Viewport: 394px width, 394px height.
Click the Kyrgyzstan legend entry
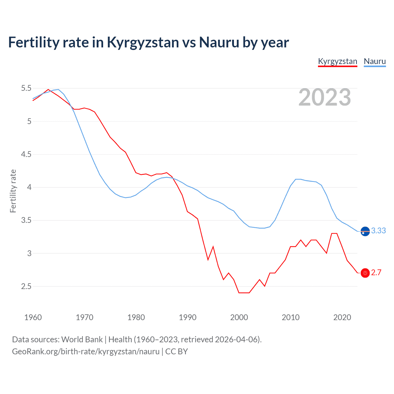click(x=337, y=61)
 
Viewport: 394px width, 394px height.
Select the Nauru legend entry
click(x=375, y=61)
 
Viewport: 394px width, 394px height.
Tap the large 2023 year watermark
click(x=324, y=97)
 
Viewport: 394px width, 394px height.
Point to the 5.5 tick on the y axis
click(x=26, y=88)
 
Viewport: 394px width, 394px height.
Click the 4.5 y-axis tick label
click(x=26, y=154)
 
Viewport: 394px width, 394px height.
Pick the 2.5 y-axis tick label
click(x=26, y=286)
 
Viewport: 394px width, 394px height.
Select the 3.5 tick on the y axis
click(x=26, y=220)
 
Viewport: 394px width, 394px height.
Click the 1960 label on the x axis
click(x=33, y=317)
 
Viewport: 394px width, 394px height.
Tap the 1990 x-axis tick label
click(x=187, y=317)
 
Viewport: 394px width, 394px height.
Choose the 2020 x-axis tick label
click(x=342, y=317)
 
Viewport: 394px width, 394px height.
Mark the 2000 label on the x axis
click(x=239, y=317)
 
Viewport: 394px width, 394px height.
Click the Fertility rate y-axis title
click(x=13, y=191)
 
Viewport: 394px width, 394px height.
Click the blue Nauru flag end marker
click(x=365, y=231)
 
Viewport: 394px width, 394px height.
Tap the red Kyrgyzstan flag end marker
click(x=365, y=273)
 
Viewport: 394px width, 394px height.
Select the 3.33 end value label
click(x=378, y=231)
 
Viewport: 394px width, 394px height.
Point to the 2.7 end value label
click(x=376, y=273)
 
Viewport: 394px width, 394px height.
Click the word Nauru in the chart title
click(x=219, y=42)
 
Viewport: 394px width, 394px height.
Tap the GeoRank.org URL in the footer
click(x=86, y=352)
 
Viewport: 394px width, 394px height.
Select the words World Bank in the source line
click(x=82, y=340)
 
